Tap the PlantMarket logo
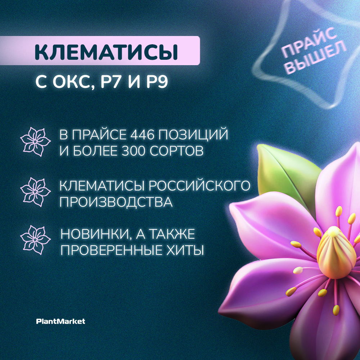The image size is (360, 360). point(61,321)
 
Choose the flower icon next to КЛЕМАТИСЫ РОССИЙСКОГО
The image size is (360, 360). point(35,191)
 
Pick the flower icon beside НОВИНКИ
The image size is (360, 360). point(35,240)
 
